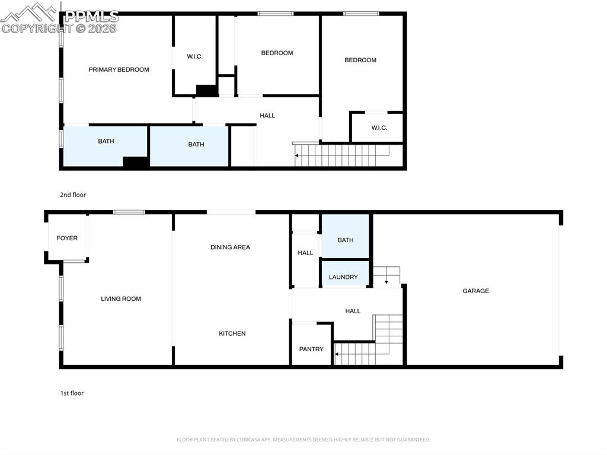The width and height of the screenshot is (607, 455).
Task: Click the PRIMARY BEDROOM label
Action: [x=119, y=69]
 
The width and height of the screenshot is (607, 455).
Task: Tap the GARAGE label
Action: [x=475, y=291]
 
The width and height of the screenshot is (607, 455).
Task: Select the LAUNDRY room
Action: [x=343, y=276]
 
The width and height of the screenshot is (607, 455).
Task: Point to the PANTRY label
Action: [x=311, y=349]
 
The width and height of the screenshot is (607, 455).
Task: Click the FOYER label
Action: [x=67, y=238]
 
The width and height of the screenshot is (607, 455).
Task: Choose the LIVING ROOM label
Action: [x=121, y=298]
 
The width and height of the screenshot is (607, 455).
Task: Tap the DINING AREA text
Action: [x=230, y=247]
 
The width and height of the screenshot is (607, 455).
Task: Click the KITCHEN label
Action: [x=232, y=333]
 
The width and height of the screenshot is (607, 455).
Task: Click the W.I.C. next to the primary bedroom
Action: [x=195, y=56]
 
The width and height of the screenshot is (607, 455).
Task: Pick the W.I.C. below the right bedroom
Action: [x=379, y=128]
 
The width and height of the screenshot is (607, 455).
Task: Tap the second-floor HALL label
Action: [x=267, y=116]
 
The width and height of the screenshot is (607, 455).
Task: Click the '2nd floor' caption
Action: [x=73, y=195]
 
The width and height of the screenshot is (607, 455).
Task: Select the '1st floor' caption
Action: [x=72, y=393]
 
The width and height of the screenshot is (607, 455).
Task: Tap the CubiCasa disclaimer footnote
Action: [x=303, y=440]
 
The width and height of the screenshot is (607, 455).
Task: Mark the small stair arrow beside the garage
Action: [x=386, y=276]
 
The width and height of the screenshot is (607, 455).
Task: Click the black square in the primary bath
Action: [x=135, y=162]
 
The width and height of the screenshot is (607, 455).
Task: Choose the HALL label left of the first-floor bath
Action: [x=305, y=253]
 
